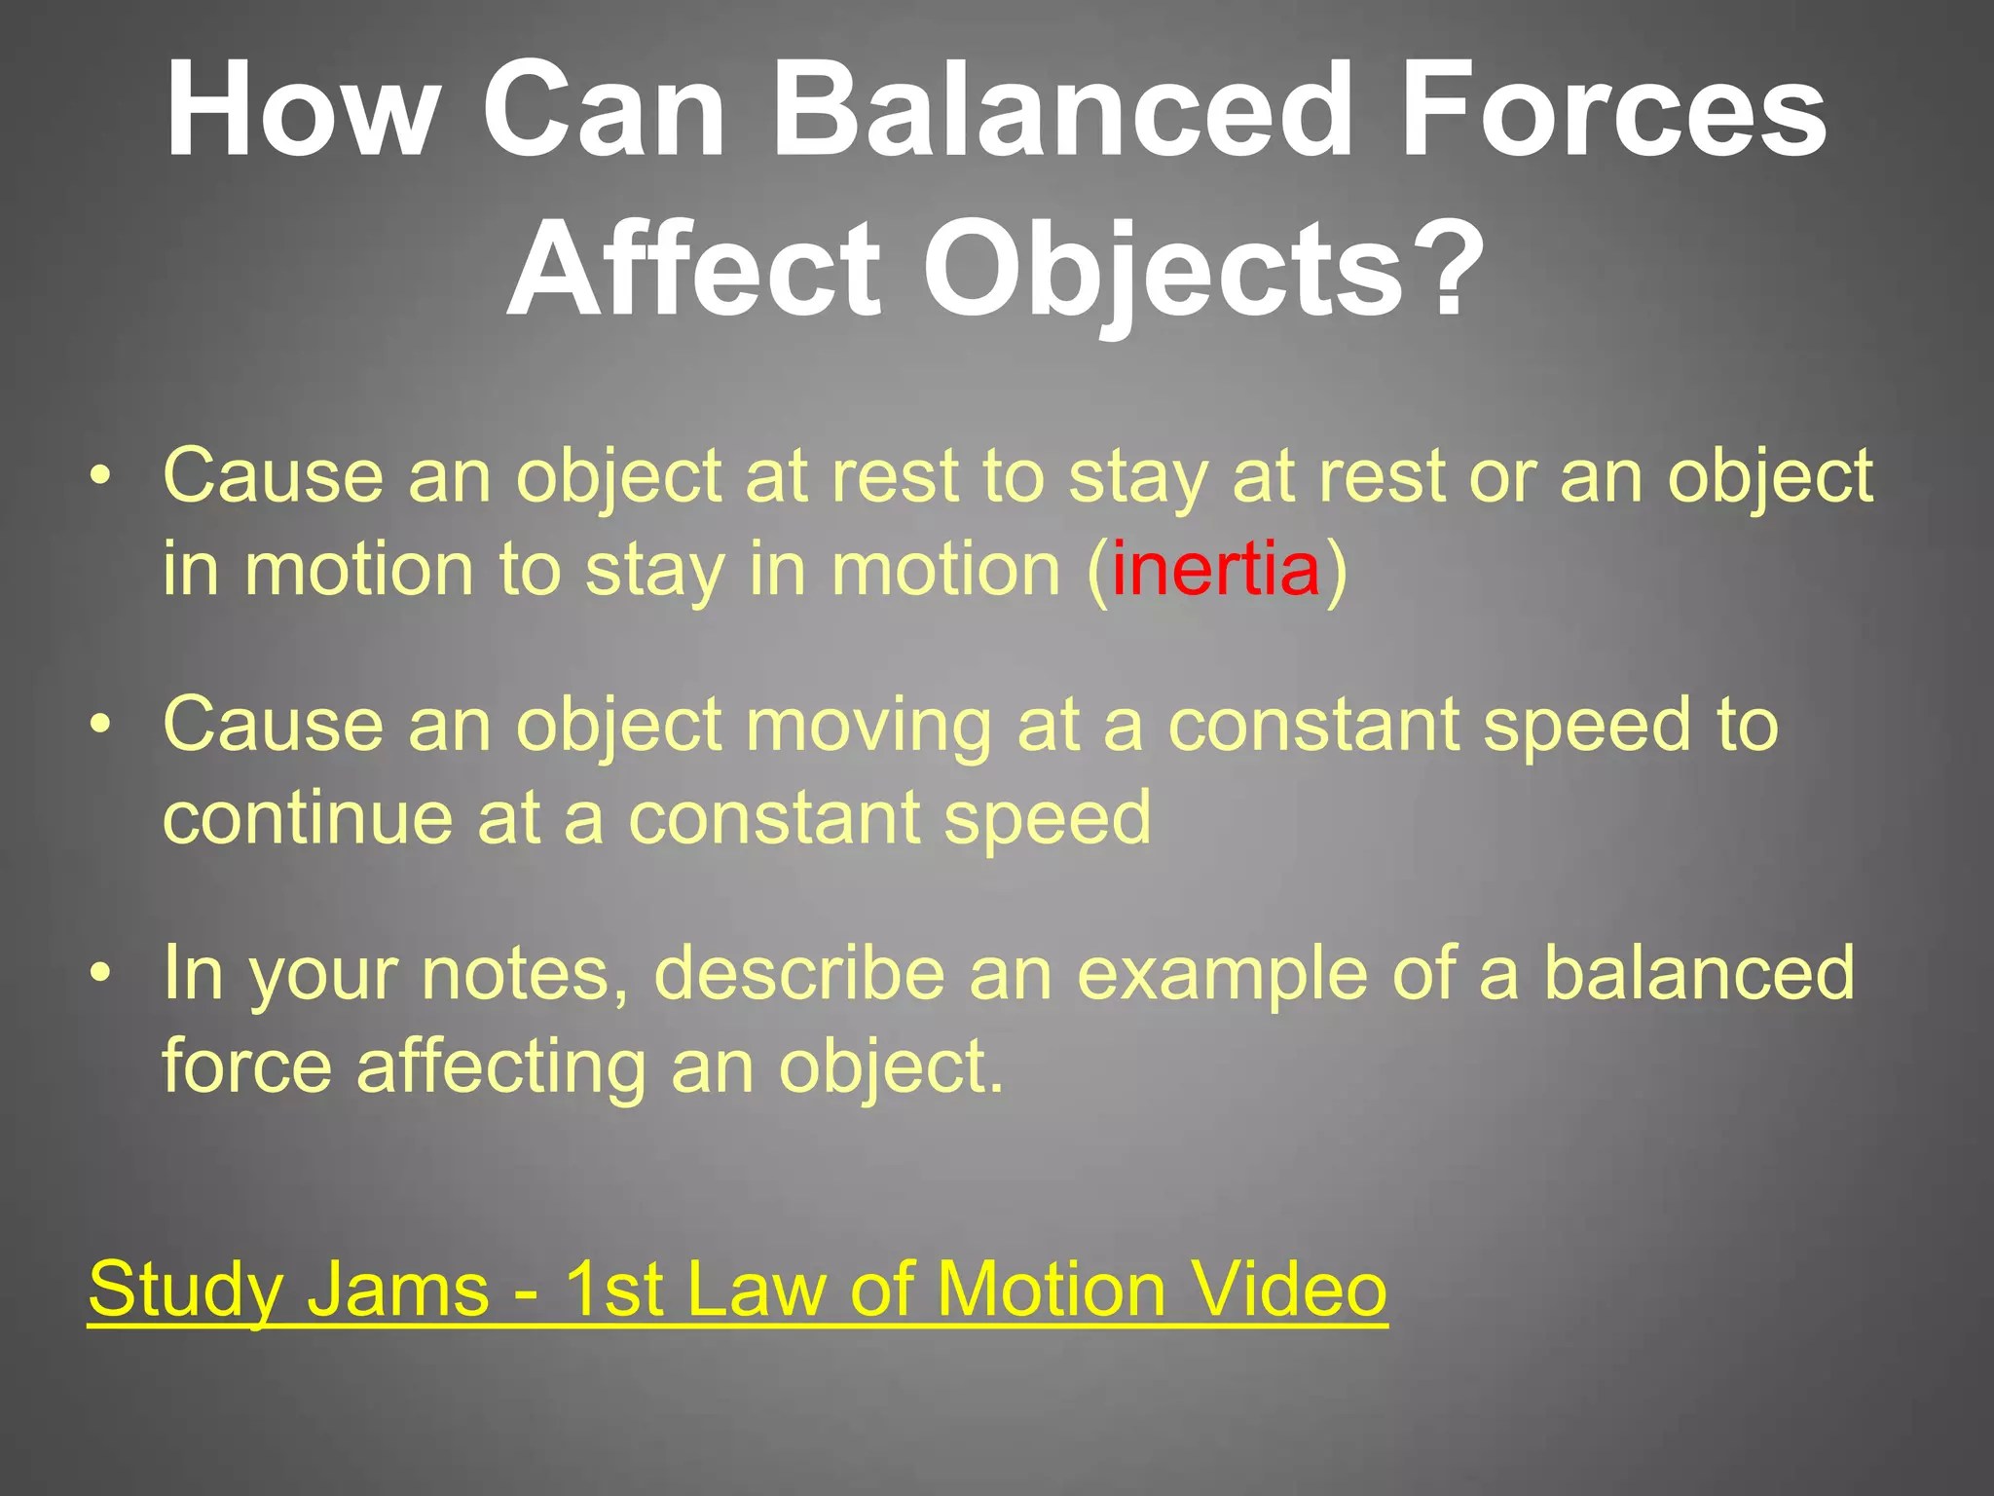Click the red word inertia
click(1215, 570)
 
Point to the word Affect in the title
click(693, 268)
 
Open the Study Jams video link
click(737, 1289)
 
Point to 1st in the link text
click(614, 1289)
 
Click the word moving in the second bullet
click(868, 727)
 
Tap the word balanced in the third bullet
click(1699, 974)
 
